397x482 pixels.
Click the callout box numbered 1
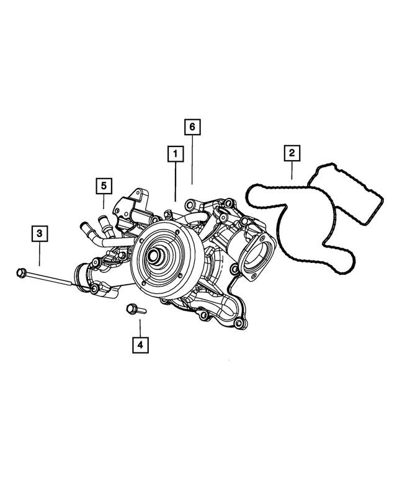[x=175, y=153]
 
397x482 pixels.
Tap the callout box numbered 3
[x=39, y=234]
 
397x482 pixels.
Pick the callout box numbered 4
[x=140, y=344]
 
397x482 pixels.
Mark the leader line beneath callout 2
[x=292, y=171]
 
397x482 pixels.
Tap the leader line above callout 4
[x=140, y=326]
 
